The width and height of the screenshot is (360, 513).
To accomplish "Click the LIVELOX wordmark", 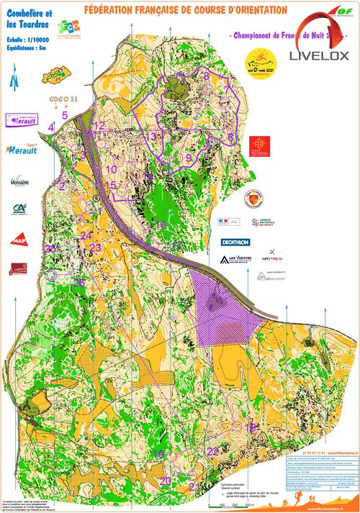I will (x=320, y=55).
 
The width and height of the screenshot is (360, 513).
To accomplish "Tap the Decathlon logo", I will (x=230, y=242).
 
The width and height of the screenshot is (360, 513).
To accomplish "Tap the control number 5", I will (x=64, y=114).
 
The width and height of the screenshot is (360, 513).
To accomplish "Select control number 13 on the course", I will (x=150, y=135).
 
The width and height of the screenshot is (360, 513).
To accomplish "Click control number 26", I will (x=78, y=283).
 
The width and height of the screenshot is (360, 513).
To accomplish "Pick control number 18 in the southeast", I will (x=251, y=427).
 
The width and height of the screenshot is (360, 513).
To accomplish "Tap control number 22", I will (x=212, y=451).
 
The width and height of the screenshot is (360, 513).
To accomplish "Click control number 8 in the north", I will (x=207, y=76).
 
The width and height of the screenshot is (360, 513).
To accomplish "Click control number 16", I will (x=161, y=225).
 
